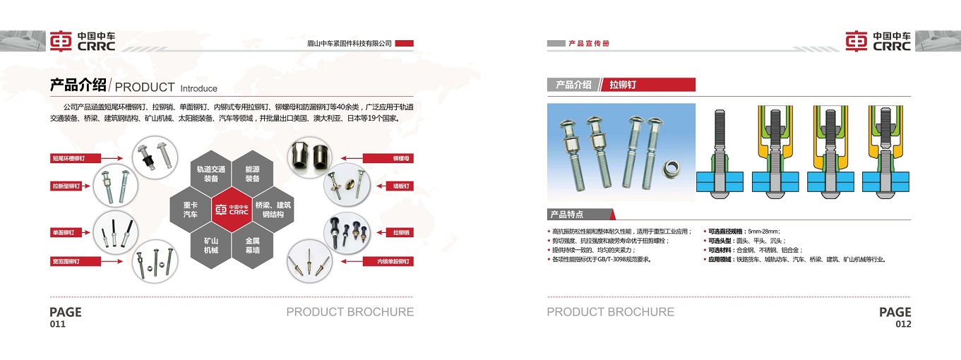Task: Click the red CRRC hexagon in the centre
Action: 232,210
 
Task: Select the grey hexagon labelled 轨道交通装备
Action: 211,174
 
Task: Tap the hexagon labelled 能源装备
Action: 252,174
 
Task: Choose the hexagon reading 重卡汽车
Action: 191,210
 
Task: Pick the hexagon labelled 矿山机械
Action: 211,246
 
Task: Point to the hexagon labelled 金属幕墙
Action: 252,246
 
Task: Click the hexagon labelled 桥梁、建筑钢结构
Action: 273,210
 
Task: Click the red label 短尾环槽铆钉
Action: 76,158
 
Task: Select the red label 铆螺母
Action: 388,158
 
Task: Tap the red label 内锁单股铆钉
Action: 388,261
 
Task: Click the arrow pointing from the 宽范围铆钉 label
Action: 112,261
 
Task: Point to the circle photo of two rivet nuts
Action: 309,157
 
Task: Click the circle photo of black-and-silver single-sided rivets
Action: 116,233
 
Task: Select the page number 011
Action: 58,324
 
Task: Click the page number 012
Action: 903,324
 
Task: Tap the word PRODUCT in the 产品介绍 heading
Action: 145,87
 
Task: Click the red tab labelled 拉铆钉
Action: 647,85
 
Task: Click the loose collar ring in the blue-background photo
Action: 671,169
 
